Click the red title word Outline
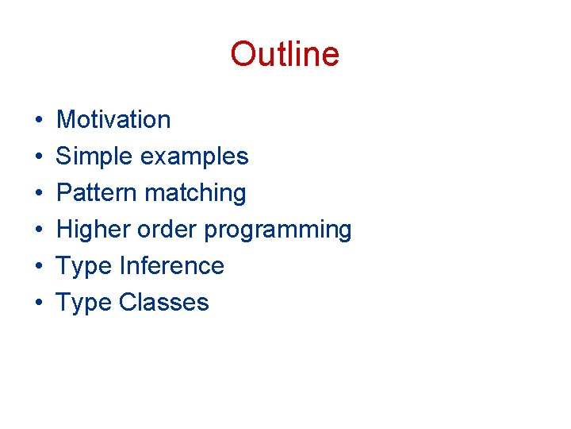[x=285, y=54]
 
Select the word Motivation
[x=113, y=120]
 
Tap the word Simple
[x=94, y=157]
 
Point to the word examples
[x=194, y=157]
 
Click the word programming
[x=278, y=230]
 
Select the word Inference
[x=171, y=266]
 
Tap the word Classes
[x=163, y=303]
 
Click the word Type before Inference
[x=84, y=267]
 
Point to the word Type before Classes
[x=84, y=303]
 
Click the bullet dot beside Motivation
[x=38, y=121]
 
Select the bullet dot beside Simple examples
[x=38, y=157]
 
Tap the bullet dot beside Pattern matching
[x=38, y=194]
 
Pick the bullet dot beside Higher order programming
[x=38, y=230]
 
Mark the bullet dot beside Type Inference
[x=38, y=267]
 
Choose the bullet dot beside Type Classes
[x=38, y=303]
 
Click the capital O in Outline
[x=243, y=54]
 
